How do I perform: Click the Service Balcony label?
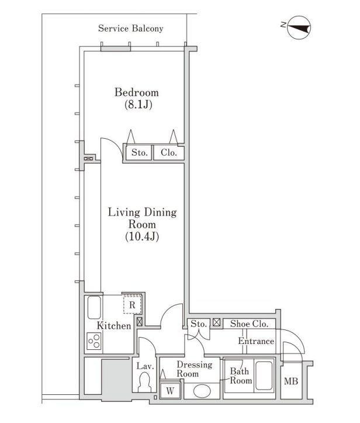(131, 28)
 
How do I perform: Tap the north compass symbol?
(299, 27)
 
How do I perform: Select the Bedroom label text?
(137, 92)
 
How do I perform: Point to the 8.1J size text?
(139, 104)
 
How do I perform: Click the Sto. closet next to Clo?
(139, 153)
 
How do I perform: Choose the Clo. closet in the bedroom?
(169, 153)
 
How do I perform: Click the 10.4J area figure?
(142, 236)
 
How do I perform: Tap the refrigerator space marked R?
(132, 305)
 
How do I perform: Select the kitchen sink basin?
(94, 308)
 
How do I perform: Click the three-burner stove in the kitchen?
(94, 341)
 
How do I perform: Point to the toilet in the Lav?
(145, 382)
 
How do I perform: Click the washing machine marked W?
(170, 390)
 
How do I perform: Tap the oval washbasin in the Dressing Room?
(202, 391)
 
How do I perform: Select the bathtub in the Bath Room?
(264, 376)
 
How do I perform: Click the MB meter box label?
(291, 381)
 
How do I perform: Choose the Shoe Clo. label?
(249, 324)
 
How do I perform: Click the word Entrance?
(256, 341)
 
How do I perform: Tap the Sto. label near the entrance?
(199, 324)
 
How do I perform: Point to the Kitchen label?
(114, 325)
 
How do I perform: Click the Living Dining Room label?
(142, 218)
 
